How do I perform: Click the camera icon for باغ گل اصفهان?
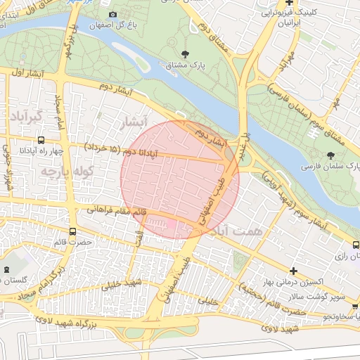113,14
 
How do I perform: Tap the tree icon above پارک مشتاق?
185,53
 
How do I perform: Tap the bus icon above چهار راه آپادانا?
41,140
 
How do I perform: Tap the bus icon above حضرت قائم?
73,231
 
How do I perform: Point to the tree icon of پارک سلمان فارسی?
330,155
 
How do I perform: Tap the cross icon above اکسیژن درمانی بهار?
293,271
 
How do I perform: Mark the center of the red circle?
180,179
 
